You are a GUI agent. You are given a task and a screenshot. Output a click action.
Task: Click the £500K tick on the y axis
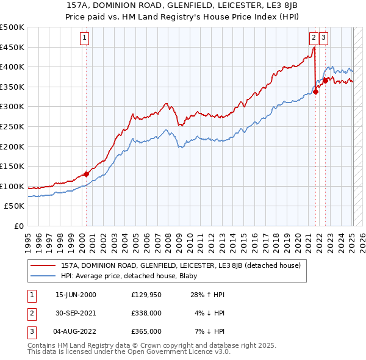point(12,27)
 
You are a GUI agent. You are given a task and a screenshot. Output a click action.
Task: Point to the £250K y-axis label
point(12,126)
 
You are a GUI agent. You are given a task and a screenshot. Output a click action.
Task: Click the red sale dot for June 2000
point(86,174)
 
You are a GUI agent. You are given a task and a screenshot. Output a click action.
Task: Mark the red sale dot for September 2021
point(315,92)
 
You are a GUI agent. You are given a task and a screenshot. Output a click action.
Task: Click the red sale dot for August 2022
point(325,81)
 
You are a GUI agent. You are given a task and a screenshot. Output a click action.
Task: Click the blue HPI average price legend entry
point(134,276)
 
